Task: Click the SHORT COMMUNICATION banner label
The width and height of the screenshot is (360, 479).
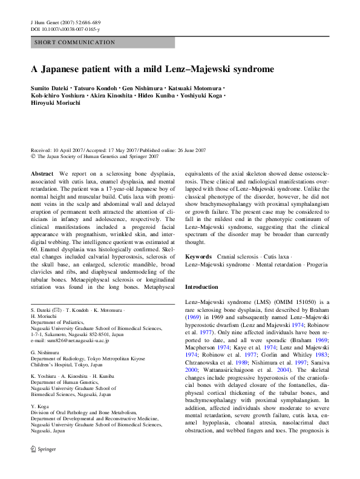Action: [x=75, y=42]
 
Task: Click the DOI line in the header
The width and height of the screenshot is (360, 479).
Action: [x=65, y=28]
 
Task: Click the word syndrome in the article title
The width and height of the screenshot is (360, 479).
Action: [x=248, y=70]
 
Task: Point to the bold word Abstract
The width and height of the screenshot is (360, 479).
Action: [x=42, y=173]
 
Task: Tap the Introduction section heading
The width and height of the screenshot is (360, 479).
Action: [x=203, y=286]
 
